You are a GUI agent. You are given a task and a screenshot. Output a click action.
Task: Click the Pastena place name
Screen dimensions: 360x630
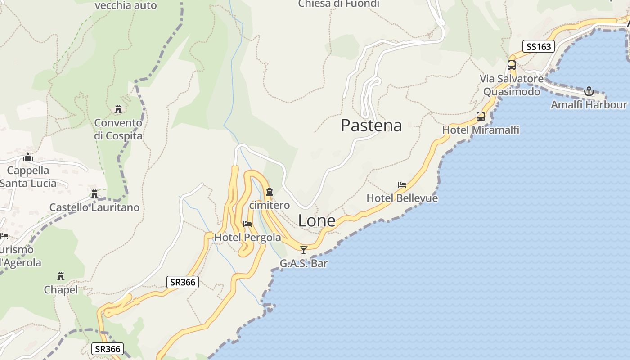(x=371, y=125)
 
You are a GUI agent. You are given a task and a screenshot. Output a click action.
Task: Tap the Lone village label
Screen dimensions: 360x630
(x=317, y=221)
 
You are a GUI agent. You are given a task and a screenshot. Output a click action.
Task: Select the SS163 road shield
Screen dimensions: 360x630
(x=538, y=46)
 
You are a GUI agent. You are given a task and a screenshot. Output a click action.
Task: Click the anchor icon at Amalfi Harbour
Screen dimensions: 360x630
(x=589, y=92)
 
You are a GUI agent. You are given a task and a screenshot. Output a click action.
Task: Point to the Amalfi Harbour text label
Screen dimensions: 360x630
(x=589, y=105)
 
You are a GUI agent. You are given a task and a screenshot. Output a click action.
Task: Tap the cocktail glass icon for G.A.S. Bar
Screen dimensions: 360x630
(x=304, y=250)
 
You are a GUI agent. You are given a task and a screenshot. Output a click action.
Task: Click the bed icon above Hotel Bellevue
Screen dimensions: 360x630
(x=402, y=185)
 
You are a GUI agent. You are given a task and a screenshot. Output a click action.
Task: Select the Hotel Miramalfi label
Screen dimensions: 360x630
(x=481, y=130)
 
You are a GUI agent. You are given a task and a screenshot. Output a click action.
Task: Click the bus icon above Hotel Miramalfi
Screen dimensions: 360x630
(x=481, y=117)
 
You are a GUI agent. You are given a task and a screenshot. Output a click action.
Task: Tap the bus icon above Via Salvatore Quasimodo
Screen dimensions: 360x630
(x=512, y=65)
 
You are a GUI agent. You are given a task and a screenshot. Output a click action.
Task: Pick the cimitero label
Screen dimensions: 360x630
(x=270, y=205)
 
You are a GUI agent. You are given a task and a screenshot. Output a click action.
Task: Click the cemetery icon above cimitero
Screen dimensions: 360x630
(x=270, y=192)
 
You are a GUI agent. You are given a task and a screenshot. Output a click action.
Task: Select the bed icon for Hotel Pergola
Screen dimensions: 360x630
(x=247, y=224)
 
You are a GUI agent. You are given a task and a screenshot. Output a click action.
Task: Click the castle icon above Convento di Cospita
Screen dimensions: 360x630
(x=118, y=109)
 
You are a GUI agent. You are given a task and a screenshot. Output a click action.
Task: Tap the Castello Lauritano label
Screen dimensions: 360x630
(x=94, y=207)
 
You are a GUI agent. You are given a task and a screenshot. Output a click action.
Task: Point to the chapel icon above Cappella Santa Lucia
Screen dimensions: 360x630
(x=28, y=157)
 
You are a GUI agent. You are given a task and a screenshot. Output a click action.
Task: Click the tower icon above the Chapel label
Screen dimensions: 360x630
(x=61, y=276)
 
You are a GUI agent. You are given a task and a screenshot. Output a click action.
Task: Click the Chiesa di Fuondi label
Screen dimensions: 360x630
(x=338, y=4)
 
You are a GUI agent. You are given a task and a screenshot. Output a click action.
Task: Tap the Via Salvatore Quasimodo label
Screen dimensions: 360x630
(x=512, y=85)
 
